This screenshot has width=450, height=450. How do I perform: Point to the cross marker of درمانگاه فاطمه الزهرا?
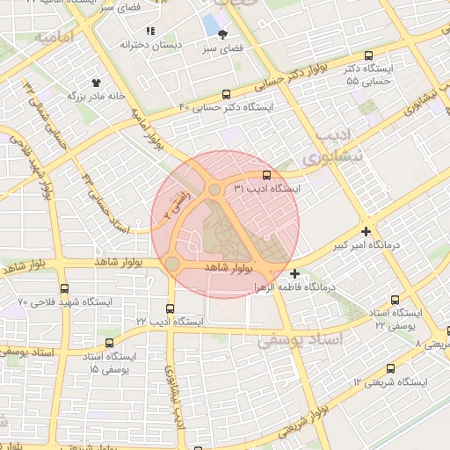294,273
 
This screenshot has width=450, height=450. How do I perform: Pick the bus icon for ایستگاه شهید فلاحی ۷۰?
64,288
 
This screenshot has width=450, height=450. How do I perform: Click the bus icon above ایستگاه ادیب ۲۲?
170,308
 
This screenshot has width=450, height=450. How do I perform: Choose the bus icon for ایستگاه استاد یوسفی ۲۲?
393,299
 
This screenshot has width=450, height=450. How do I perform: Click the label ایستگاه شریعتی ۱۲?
390,382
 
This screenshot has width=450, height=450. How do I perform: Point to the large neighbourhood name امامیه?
54,40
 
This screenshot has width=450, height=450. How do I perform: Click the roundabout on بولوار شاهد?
172,264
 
